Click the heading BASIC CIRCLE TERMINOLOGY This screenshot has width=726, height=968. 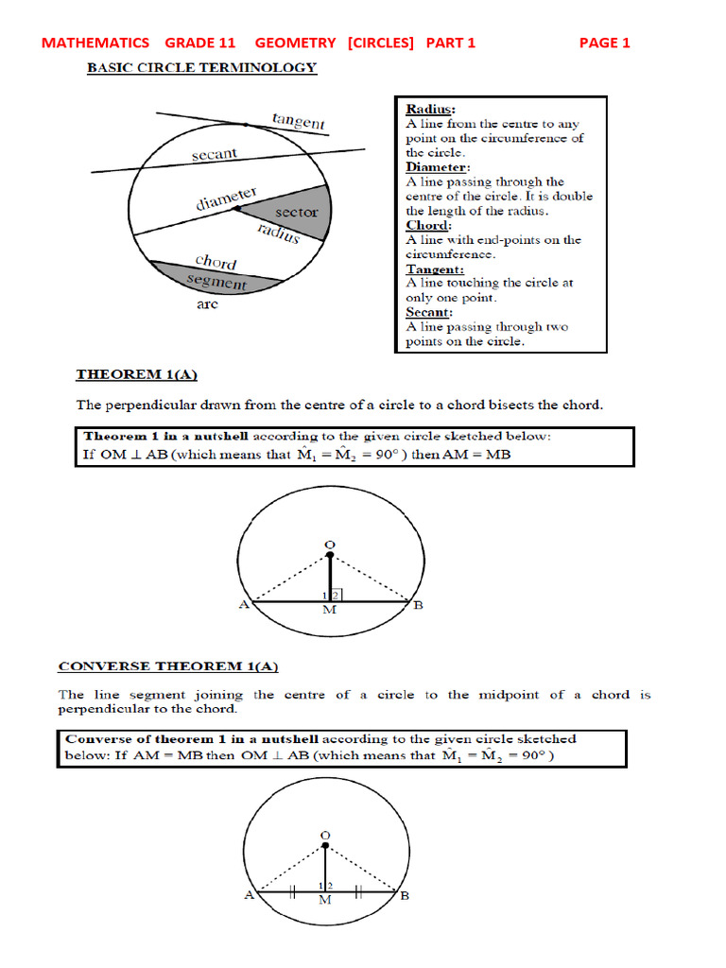coord(202,68)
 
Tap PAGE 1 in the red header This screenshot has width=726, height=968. coord(604,43)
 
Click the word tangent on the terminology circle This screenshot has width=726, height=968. coord(298,121)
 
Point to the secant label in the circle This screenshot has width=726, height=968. coord(215,154)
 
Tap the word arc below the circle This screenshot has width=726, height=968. coord(208,305)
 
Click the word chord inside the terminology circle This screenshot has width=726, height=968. coord(216,261)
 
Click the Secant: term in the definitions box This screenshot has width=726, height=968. coord(430,312)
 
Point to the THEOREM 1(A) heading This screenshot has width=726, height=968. coord(137,375)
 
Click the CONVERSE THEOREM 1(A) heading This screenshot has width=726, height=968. coord(168,666)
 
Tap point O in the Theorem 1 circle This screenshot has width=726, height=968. coord(329,544)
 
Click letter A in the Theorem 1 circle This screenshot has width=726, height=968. coord(244,605)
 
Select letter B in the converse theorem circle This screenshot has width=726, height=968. coord(405,896)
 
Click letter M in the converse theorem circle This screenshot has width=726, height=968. coord(324,900)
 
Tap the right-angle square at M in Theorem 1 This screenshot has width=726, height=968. coord(337,596)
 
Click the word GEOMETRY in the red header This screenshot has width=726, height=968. coord(295,43)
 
